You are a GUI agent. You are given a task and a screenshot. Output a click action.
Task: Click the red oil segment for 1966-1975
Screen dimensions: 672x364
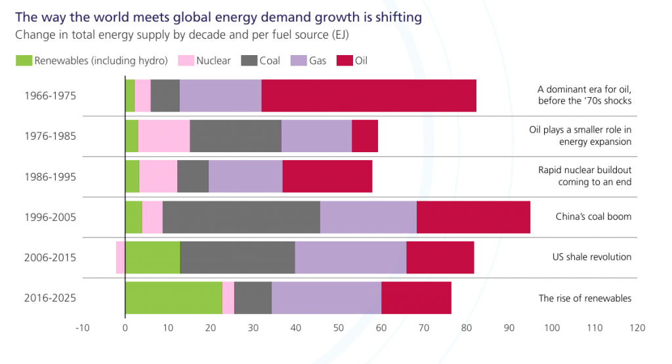coord(369,96)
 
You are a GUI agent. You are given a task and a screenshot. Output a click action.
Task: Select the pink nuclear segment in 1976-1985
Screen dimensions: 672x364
coord(163,136)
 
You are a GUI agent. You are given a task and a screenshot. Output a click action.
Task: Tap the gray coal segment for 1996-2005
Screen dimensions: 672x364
coord(241,217)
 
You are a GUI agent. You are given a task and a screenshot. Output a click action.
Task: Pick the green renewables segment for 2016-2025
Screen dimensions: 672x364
coord(174,298)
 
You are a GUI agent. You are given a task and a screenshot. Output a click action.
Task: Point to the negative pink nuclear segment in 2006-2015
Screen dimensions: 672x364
coord(121,257)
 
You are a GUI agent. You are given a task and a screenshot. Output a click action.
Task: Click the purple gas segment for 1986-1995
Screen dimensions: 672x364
coord(245,176)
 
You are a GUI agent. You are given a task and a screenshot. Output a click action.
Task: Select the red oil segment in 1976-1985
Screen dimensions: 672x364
coord(365,136)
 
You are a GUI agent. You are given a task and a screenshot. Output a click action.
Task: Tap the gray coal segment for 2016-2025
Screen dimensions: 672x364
coord(253,298)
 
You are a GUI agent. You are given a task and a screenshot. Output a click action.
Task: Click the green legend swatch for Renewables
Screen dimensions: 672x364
coord(24,60)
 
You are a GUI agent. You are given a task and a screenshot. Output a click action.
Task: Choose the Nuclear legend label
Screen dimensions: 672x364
coord(213,61)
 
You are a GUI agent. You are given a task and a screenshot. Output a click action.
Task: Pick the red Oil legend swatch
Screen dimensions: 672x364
coord(345,60)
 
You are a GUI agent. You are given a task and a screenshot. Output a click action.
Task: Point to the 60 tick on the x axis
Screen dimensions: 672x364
coord(381,328)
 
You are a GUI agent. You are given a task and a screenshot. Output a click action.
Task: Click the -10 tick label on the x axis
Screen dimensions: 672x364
coord(82,328)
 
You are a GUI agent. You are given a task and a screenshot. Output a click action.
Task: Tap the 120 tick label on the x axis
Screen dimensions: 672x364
coord(637,328)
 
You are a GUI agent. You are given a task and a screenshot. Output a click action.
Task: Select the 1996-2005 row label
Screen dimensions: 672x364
coord(50,217)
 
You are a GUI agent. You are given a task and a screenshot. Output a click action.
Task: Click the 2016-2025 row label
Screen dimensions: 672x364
coord(50,298)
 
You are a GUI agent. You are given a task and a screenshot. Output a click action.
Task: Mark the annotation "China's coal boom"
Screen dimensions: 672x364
coord(593,216)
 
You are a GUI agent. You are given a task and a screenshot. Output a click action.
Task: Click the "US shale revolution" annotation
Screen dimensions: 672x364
coord(592,257)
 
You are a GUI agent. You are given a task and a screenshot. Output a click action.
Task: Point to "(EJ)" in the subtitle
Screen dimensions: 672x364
coord(341,35)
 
